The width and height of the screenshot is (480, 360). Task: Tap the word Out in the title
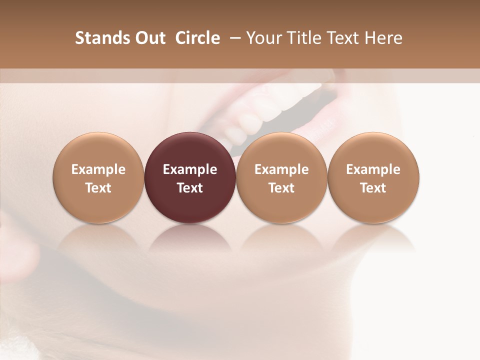point(149,38)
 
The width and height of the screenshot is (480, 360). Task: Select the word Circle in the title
point(197,38)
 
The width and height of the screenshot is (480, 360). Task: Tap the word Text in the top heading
point(343,38)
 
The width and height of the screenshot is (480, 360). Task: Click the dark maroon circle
point(190,177)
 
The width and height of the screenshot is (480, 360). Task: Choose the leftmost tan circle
point(98,177)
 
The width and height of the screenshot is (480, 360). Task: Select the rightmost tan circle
point(373,177)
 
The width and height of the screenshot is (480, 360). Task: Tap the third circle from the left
point(281,177)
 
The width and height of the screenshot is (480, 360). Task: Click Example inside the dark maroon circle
point(190,169)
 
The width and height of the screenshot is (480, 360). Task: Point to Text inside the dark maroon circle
point(190,188)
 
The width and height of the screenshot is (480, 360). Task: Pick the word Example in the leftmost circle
point(98,169)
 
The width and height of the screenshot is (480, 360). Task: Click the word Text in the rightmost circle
point(373,188)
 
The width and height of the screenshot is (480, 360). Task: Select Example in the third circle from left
point(281,169)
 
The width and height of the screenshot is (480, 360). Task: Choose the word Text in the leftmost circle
point(98,188)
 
